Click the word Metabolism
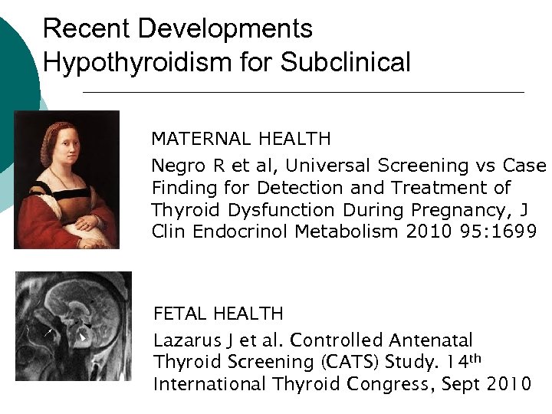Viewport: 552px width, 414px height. click(x=333, y=232)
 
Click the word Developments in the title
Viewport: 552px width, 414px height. click(x=223, y=29)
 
